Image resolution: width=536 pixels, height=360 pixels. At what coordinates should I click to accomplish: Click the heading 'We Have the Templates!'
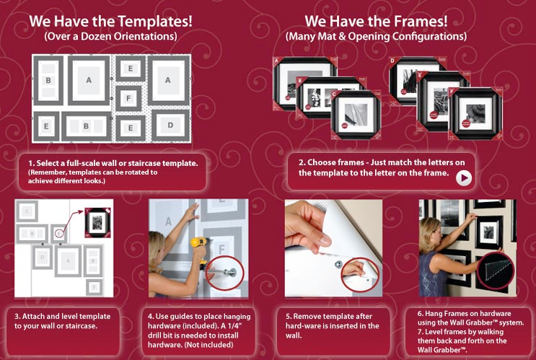coord(110,21)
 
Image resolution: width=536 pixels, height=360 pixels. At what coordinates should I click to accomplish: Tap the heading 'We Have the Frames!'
coord(376,21)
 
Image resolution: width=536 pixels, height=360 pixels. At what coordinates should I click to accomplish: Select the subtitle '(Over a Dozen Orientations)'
coord(111,37)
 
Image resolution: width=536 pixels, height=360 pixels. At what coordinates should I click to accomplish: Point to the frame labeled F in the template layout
coord(128,98)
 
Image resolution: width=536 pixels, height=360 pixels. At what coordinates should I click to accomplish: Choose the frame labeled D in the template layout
coord(170,125)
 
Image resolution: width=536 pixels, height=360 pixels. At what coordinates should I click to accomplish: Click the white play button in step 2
coord(464,178)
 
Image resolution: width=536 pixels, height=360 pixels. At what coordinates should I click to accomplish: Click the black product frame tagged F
coord(475,114)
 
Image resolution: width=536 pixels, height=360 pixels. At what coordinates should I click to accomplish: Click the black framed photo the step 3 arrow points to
coord(97,222)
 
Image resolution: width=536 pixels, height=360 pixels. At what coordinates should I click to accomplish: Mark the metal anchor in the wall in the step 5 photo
coord(338,264)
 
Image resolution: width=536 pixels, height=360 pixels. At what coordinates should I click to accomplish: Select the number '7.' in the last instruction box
coord(421,332)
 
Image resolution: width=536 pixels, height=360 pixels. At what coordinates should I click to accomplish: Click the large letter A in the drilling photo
coord(168,221)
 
